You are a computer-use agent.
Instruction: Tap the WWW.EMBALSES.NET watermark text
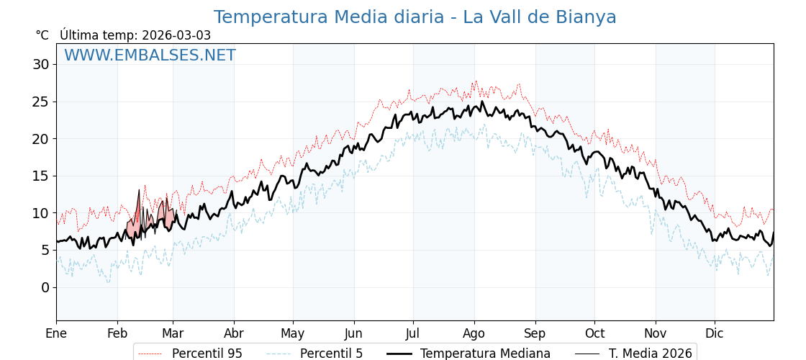click(150, 55)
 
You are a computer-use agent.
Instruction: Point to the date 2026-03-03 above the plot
click(176, 35)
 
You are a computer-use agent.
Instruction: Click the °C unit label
click(42, 35)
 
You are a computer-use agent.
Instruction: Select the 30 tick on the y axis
click(41, 64)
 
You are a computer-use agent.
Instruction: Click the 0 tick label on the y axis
click(45, 287)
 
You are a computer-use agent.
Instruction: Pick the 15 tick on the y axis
click(41, 176)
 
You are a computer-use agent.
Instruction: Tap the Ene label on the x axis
click(56, 333)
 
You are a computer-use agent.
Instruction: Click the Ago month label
click(474, 333)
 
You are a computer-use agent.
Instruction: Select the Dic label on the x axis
click(715, 333)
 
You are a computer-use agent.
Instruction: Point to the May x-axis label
click(293, 333)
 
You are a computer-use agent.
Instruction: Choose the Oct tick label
click(594, 333)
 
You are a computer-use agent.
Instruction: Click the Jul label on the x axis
click(413, 333)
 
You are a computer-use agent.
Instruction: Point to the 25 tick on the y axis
click(41, 102)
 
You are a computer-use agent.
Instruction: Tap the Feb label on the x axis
click(117, 333)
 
